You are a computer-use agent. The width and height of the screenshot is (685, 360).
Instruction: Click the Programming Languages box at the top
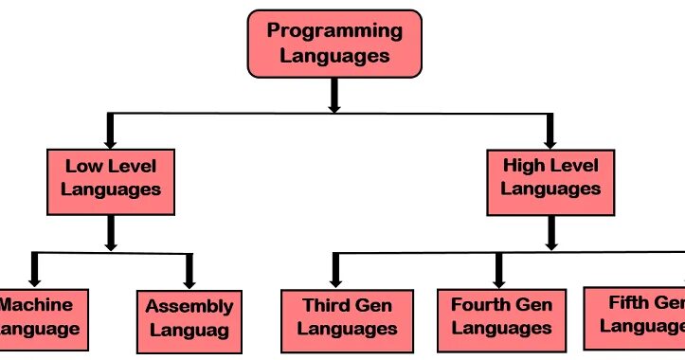[333, 44]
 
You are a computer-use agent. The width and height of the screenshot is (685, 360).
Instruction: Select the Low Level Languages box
[111, 177]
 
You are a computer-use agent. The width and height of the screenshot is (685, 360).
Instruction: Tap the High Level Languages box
[550, 177]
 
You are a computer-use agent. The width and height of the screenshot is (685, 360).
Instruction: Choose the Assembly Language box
[189, 319]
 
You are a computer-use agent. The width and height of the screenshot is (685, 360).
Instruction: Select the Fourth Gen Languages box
[500, 317]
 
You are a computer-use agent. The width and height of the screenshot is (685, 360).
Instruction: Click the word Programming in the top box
[333, 30]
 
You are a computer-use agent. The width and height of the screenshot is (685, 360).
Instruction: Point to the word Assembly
[189, 307]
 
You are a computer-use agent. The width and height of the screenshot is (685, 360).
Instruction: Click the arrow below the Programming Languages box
[333, 95]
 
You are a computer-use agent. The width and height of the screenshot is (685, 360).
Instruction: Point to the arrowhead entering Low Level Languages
[111, 139]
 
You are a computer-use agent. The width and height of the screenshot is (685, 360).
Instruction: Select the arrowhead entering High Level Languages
[550, 139]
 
